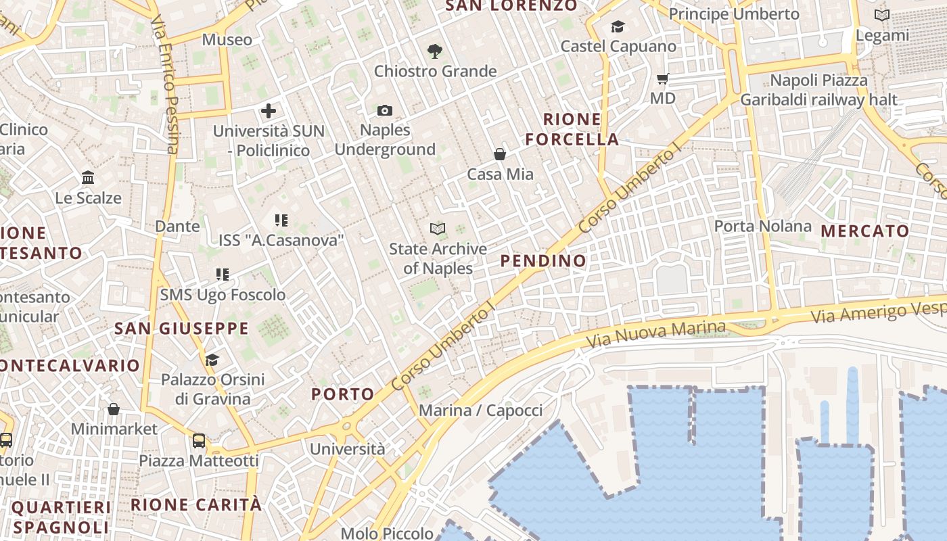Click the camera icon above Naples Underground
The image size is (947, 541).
384,110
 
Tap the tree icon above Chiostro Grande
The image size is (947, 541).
435,51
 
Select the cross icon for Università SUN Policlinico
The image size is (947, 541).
269,111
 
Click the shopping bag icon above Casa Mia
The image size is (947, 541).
500,154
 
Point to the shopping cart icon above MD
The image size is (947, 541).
663,78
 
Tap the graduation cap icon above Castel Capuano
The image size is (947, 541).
618,26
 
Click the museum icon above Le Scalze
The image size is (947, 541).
88,178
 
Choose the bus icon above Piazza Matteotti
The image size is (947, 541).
199,441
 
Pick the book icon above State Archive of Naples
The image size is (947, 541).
438,229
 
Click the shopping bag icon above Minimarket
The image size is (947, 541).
114,409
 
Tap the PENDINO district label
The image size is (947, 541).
543,260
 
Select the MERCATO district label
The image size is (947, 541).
865,231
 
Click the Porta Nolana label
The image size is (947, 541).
763,226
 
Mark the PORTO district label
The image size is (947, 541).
342,394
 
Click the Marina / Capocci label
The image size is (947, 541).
480,410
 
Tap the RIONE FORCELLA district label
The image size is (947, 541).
572,129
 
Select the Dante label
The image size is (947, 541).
177,226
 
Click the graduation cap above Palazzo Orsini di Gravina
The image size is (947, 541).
212,360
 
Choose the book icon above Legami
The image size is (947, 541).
882,15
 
